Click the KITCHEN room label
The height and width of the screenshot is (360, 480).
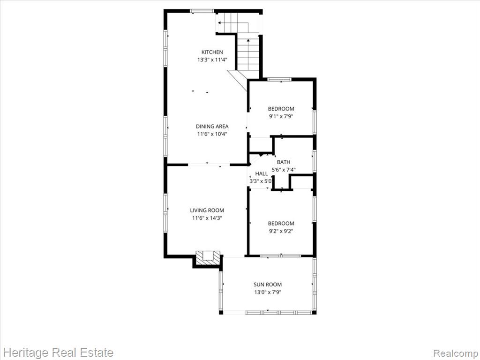[x=212, y=52]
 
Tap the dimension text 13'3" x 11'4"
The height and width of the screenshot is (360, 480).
[x=212, y=60]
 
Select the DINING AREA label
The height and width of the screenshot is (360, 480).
[x=212, y=126]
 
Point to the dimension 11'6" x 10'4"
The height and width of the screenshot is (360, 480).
[x=212, y=134]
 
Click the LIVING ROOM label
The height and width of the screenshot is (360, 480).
[x=207, y=210]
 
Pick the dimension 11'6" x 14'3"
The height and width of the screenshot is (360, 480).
[x=207, y=218]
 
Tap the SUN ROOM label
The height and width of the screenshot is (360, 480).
[x=268, y=285]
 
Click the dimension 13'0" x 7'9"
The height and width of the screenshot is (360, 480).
[x=268, y=292]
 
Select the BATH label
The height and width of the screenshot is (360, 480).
[x=284, y=162]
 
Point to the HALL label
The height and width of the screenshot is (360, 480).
[x=262, y=173]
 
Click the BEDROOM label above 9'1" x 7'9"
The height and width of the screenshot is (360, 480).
[x=281, y=109]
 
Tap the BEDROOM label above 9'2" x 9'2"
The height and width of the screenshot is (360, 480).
[x=281, y=224]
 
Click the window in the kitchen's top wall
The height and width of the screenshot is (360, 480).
[x=202, y=11]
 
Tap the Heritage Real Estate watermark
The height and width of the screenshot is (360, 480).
[x=59, y=352]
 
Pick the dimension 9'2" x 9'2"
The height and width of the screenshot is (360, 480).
[x=281, y=231]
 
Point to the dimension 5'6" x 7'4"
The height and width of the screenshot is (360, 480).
[x=284, y=170]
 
